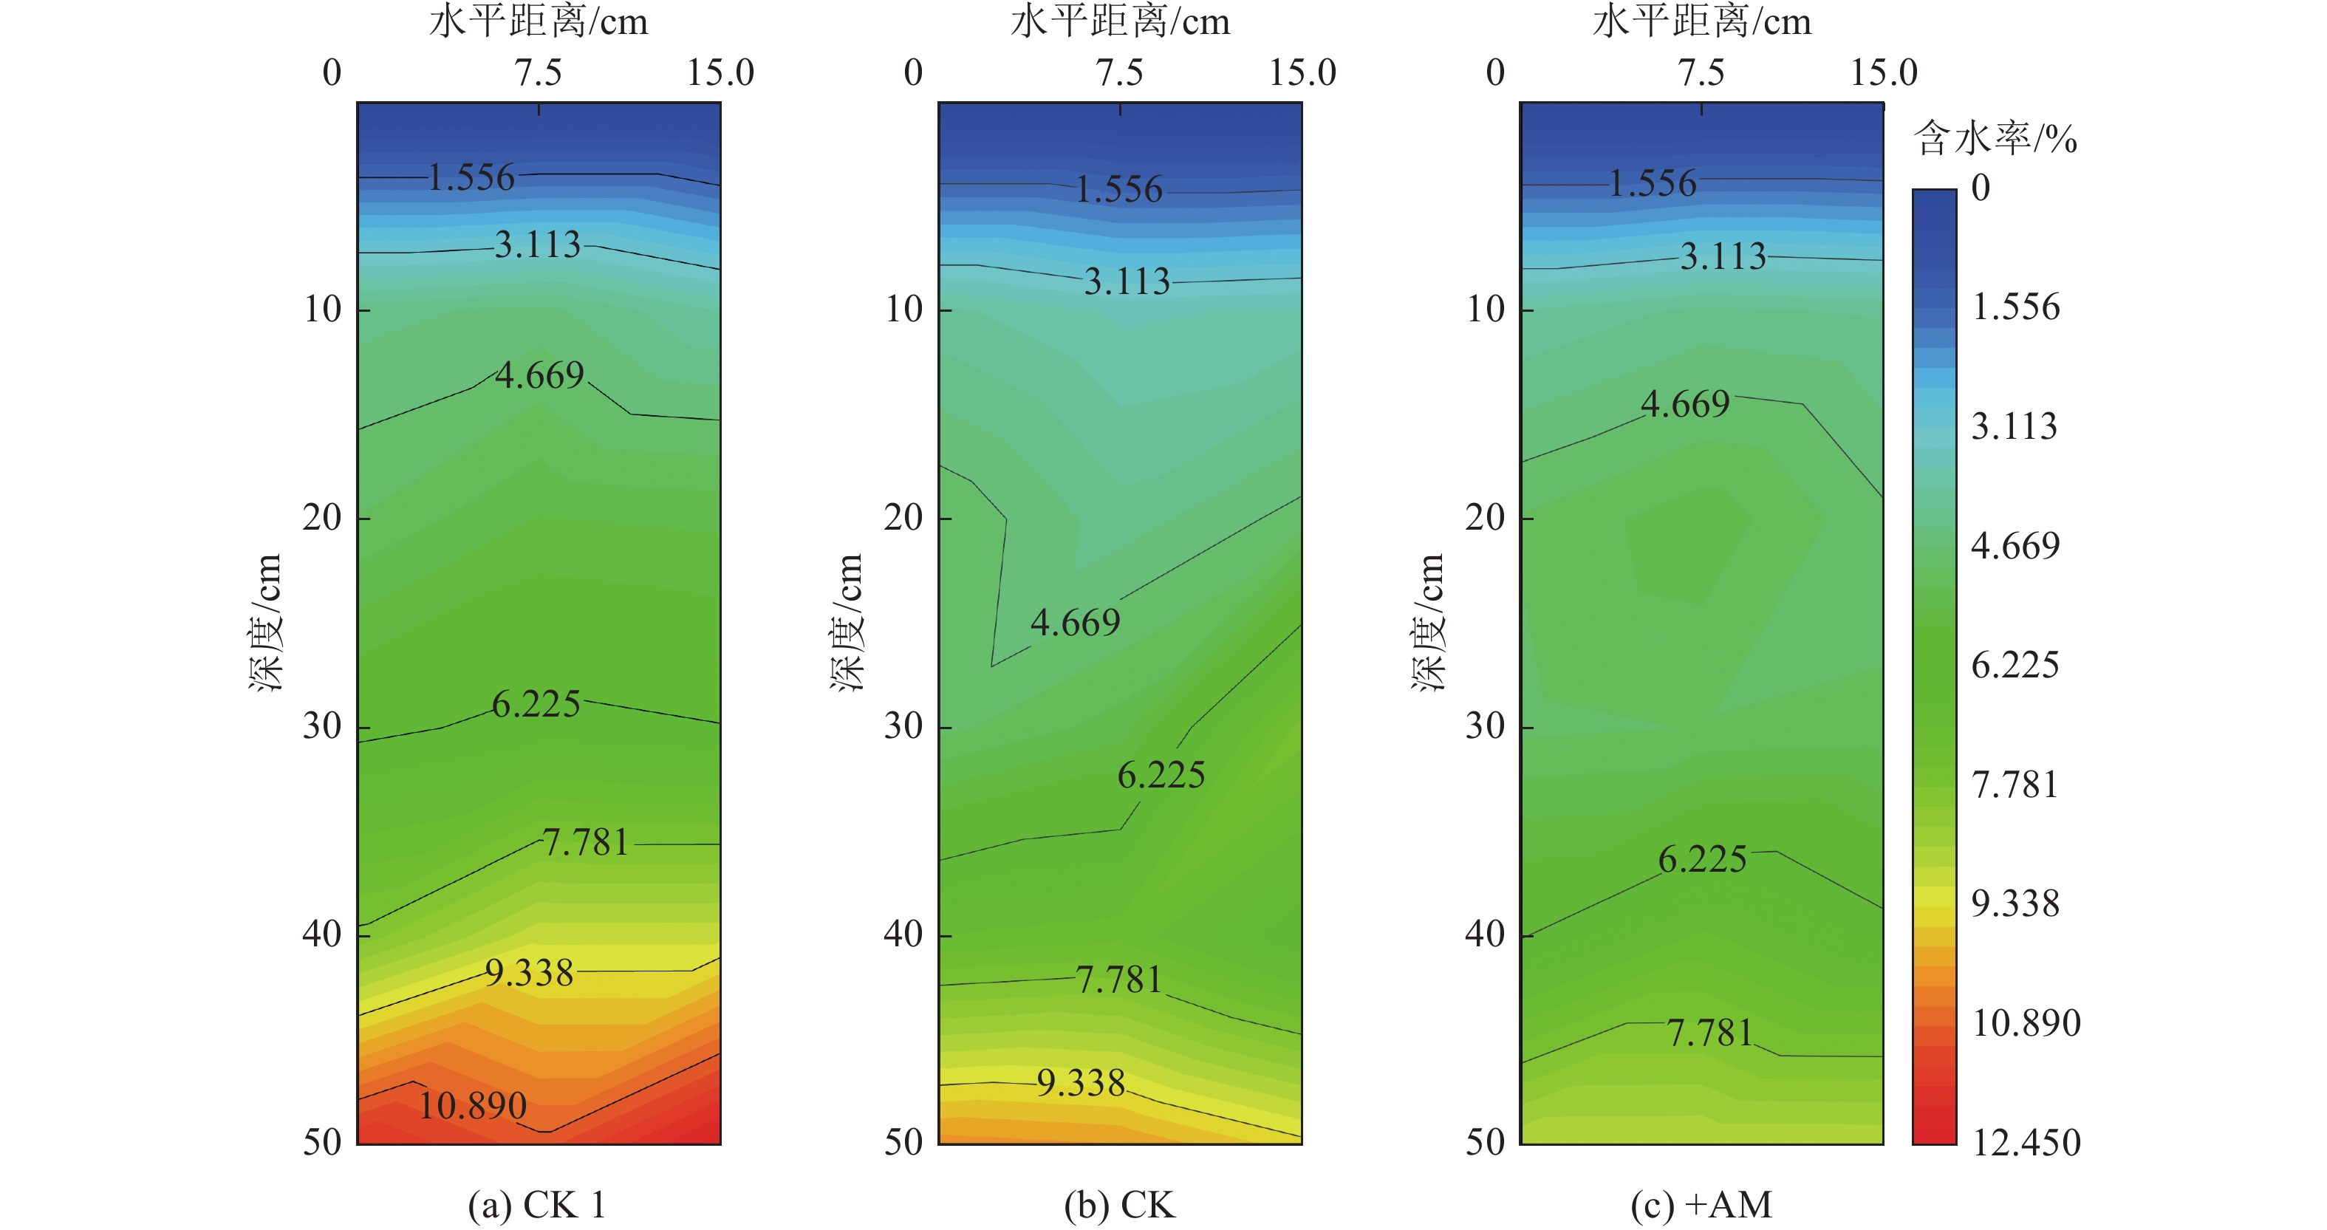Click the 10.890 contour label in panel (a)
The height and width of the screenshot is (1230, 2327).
pyautogui.click(x=473, y=1105)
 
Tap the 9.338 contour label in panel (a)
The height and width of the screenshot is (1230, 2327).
pyautogui.click(x=530, y=973)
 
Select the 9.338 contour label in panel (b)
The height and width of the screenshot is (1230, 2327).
pyautogui.click(x=1082, y=1083)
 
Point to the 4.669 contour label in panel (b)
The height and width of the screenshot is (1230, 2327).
pyautogui.click(x=1075, y=622)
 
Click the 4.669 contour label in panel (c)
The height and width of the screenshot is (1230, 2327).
pyautogui.click(x=1685, y=403)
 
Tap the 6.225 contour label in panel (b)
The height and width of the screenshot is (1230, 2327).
pyautogui.click(x=1161, y=775)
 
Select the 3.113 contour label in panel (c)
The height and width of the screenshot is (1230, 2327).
pyautogui.click(x=1723, y=256)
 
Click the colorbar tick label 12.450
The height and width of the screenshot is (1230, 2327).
pyautogui.click(x=2026, y=1144)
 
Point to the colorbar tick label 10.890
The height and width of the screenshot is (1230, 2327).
pyautogui.click(x=2026, y=1023)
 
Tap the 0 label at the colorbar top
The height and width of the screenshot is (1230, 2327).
pyautogui.click(x=1980, y=188)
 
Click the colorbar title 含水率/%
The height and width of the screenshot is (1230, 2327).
pyautogui.click(x=1995, y=139)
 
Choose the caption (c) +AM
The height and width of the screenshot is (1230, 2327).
pyautogui.click(x=1701, y=1205)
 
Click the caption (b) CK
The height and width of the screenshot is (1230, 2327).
pyautogui.click(x=1119, y=1205)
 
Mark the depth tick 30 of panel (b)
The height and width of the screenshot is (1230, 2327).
pyautogui.click(x=903, y=725)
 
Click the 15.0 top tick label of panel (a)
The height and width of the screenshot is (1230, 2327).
pyautogui.click(x=720, y=72)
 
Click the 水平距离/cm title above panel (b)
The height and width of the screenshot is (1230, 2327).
pyautogui.click(x=1120, y=21)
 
